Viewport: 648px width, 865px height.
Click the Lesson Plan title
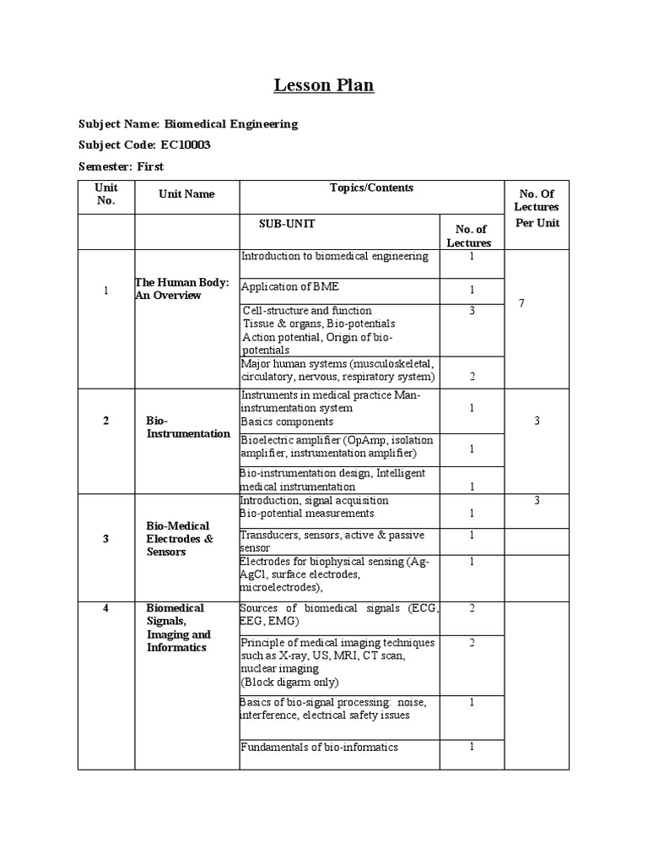tap(324, 85)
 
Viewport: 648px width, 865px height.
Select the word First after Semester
tap(148, 166)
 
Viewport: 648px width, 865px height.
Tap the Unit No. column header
tap(106, 194)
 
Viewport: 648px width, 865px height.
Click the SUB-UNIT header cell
tap(287, 224)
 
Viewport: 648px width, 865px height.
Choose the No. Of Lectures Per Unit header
tap(536, 207)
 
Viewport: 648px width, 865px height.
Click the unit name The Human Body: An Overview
tap(181, 289)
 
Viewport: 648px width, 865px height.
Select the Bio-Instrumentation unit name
tap(187, 427)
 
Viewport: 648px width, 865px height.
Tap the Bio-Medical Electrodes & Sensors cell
tap(179, 538)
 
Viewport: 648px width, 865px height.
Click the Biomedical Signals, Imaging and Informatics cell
tap(179, 627)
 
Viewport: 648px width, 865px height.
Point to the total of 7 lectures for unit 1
tap(521, 302)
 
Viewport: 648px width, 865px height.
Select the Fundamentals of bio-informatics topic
tap(319, 747)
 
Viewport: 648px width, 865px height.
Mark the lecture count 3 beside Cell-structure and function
tap(472, 311)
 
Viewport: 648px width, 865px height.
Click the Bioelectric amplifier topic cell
tap(338, 447)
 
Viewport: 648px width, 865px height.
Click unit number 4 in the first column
tap(106, 607)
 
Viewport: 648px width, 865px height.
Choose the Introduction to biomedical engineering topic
tap(335, 256)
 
